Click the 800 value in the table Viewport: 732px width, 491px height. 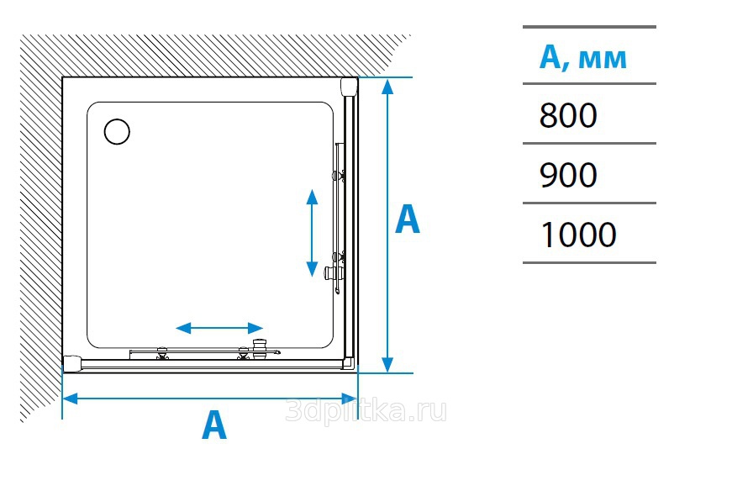[x=567, y=115]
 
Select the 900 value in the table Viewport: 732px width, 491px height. [x=567, y=175]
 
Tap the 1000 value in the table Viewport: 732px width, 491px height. [x=578, y=235]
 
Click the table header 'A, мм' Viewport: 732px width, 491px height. [x=582, y=58]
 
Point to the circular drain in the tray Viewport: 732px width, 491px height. [x=117, y=131]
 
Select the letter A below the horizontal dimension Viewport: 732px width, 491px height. [x=214, y=425]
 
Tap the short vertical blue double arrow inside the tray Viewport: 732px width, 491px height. [x=312, y=233]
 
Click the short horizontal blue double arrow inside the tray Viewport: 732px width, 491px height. [x=219, y=329]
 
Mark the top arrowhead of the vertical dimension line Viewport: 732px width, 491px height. [x=387, y=86]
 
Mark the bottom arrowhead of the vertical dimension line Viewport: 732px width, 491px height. [x=387, y=365]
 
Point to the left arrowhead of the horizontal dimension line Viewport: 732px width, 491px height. [x=69, y=399]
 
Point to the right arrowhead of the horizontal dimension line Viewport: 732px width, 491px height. [x=350, y=399]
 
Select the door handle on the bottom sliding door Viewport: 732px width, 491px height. [x=259, y=349]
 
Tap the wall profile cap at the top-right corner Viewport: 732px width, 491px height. [x=350, y=87]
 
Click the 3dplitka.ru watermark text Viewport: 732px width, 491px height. [x=366, y=410]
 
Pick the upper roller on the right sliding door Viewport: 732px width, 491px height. [x=339, y=176]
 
